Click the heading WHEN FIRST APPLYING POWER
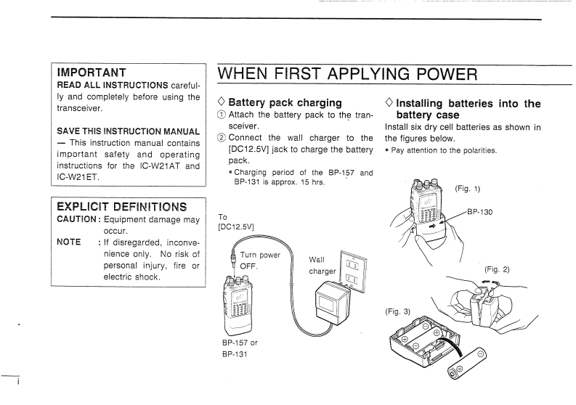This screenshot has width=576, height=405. pos(348,74)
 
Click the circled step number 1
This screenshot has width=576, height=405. pos(222,115)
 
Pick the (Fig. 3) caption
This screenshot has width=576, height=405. pos(397,311)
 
